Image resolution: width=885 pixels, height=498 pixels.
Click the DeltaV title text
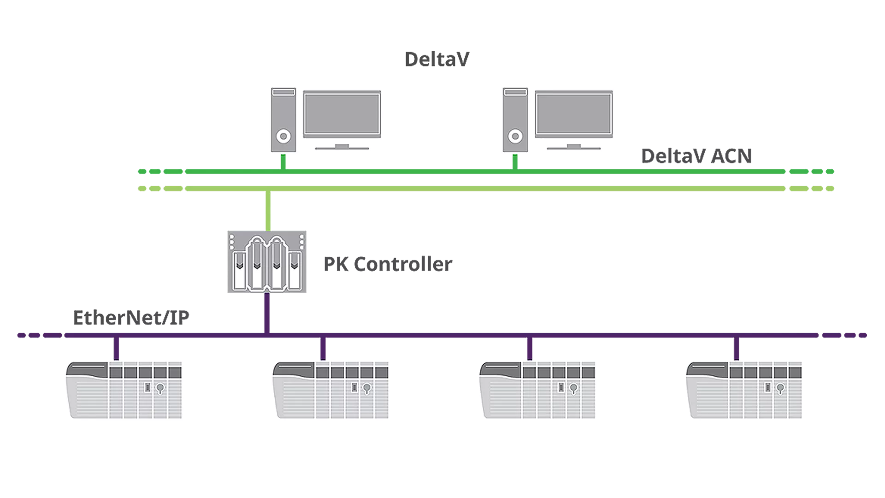pos(437,59)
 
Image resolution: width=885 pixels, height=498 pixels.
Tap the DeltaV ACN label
pos(696,156)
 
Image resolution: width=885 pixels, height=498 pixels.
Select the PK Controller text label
pos(388,264)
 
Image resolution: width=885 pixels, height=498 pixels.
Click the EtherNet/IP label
pos(131,318)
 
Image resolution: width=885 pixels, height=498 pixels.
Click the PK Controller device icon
pos(266,262)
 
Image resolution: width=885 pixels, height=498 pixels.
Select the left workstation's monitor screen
pos(342,113)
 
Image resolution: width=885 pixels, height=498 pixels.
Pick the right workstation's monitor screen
pos(573,113)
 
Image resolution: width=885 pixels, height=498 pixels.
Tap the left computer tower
pos(283,119)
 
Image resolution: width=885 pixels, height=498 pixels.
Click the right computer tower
pos(515,119)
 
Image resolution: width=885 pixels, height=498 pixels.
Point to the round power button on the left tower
pos(283,136)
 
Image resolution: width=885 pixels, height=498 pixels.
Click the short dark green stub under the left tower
pos(283,161)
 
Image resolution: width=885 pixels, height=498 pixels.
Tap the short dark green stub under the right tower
pos(515,161)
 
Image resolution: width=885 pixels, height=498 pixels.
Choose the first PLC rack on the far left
pos(124,390)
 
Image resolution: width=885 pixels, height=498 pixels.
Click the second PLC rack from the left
pos(330,390)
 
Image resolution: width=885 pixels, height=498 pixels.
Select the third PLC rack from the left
pos(537,390)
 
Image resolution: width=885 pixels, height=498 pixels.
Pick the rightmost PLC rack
pos(743,390)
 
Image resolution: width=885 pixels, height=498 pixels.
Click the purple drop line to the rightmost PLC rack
pos(736,349)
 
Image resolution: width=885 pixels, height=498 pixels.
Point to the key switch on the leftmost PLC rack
pos(160,388)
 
